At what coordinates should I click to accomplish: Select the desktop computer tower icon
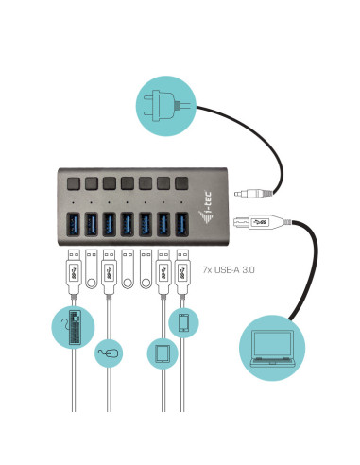pyautogui.click(x=77, y=331)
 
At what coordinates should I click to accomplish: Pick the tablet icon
pyautogui.click(x=162, y=355)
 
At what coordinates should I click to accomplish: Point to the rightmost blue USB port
pyautogui.click(x=182, y=224)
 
